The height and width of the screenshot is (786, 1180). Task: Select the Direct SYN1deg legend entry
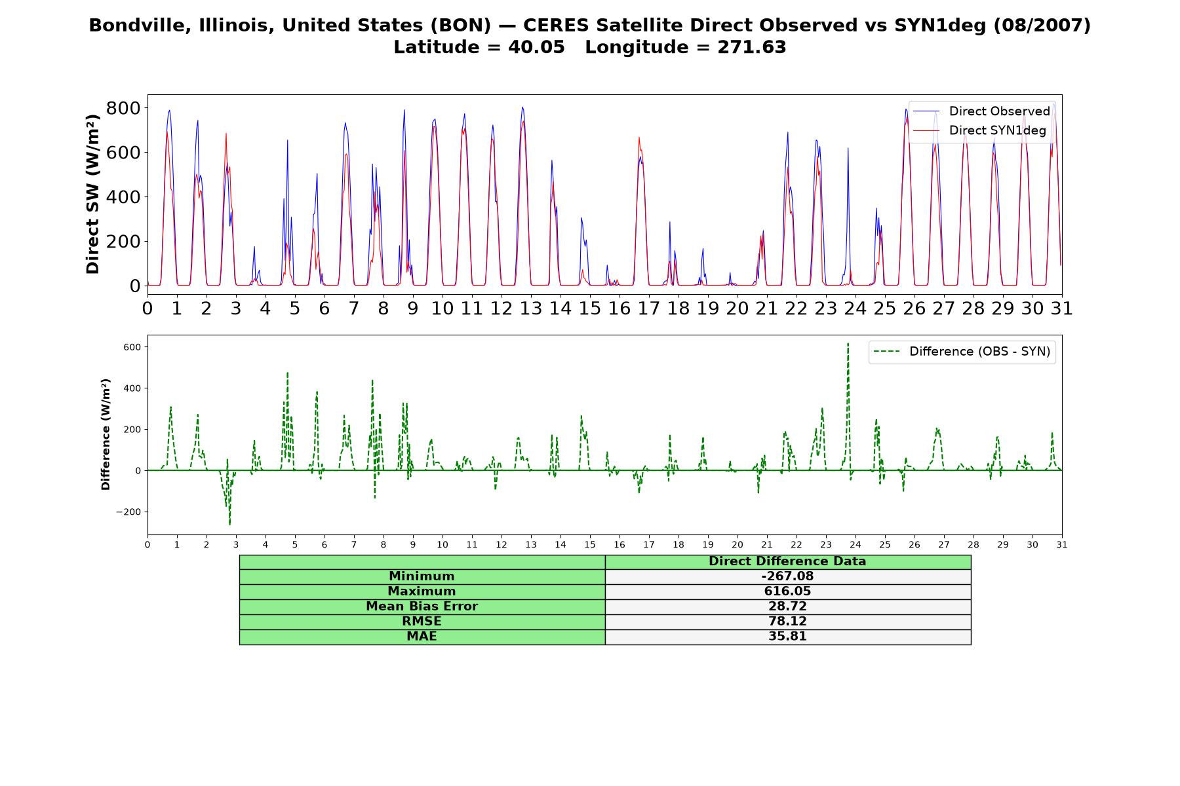click(x=979, y=130)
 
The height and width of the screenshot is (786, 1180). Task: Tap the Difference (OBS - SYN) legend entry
click(x=962, y=352)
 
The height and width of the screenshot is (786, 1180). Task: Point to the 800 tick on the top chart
click(x=123, y=108)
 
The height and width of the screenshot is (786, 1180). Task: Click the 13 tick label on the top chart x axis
click(x=530, y=309)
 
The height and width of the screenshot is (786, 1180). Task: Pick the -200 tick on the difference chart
click(x=129, y=512)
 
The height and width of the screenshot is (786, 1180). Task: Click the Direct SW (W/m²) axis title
click(x=92, y=195)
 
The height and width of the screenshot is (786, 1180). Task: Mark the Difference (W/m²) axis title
click(x=106, y=434)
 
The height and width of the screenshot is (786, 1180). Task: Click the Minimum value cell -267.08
click(x=787, y=576)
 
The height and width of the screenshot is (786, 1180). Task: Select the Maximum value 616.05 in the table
click(x=787, y=591)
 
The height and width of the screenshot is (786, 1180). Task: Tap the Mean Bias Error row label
click(x=422, y=607)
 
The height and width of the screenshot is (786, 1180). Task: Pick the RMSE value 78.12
click(x=787, y=622)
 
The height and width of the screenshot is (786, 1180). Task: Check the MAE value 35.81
click(x=787, y=637)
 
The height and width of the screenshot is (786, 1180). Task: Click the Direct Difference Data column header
click(x=787, y=561)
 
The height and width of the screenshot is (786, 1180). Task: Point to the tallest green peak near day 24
click(x=848, y=344)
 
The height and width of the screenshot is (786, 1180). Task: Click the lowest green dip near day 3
click(x=229, y=525)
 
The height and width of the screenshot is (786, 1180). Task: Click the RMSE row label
click(x=422, y=622)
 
